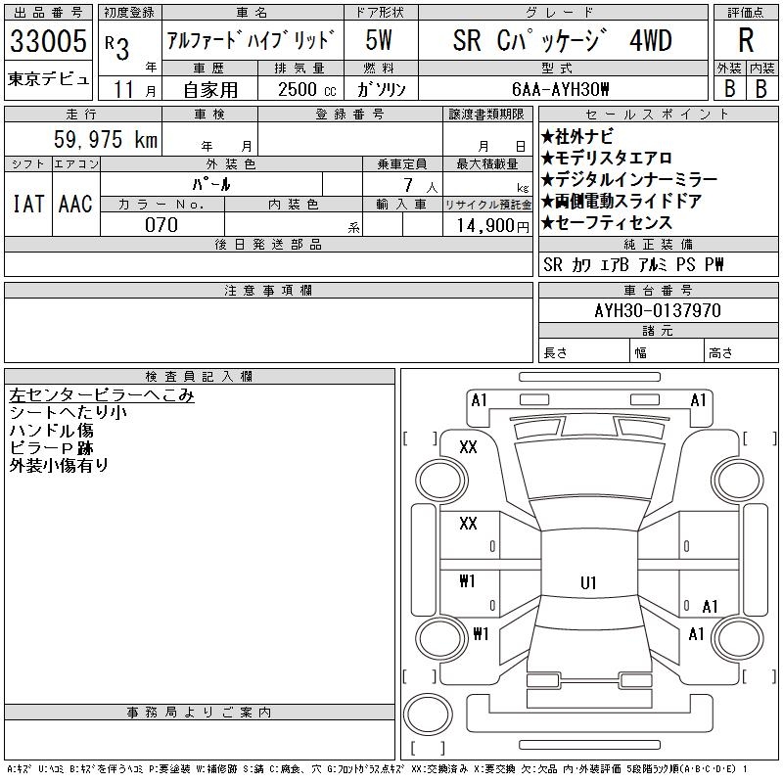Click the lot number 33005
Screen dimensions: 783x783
pos(48,40)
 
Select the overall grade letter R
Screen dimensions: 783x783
pos(746,40)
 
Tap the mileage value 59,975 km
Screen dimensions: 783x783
pos(106,139)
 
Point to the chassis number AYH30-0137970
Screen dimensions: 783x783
pos(658,310)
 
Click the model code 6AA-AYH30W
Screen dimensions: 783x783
pos(560,89)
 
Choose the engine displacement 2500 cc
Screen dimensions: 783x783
pos(307,90)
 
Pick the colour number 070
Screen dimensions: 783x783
pos(161,225)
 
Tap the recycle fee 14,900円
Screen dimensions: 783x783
pos(493,226)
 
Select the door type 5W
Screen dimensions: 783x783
pos(379,40)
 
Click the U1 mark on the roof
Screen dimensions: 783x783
pos(588,582)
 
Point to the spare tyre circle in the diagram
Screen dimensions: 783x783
pos(428,714)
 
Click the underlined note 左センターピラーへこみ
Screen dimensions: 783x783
pos(102,395)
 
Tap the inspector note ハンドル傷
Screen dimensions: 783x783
pos(52,431)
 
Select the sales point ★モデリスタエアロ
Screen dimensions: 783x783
pos(606,159)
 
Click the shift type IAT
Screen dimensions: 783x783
pos(28,204)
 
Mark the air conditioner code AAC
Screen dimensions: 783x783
pos(75,204)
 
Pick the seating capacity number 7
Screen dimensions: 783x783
pos(408,185)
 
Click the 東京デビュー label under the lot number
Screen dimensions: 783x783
pos(48,79)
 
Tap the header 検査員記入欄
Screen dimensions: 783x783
pos(199,377)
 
